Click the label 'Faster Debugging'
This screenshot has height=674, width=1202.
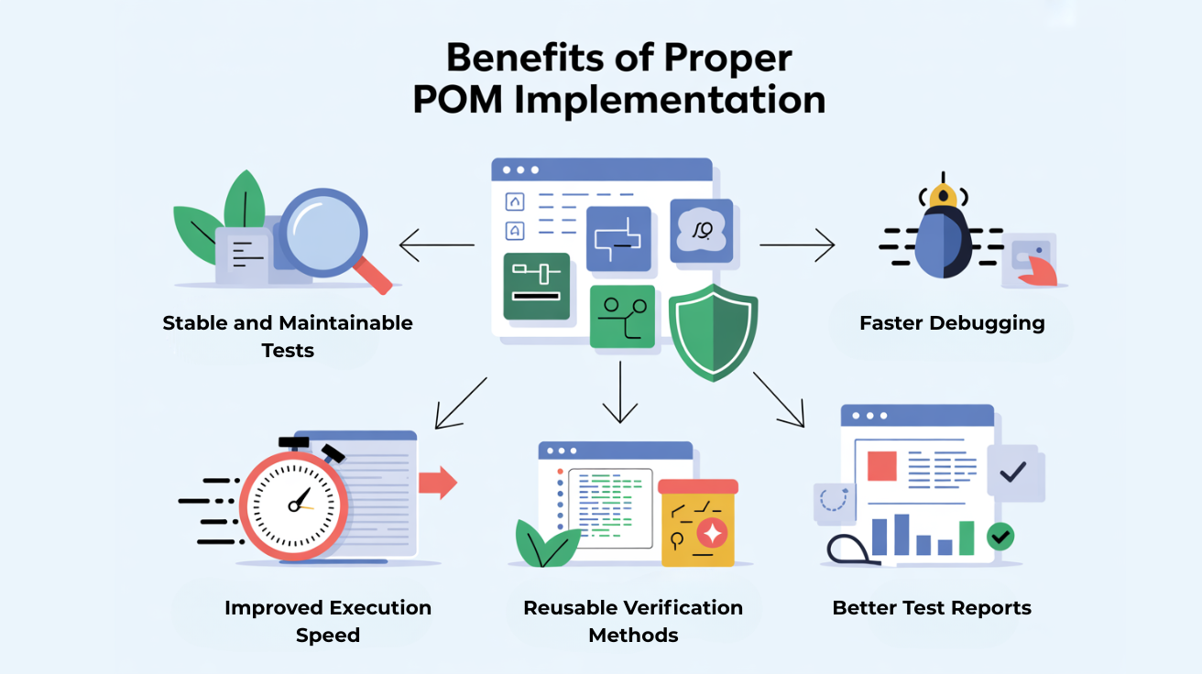pyautogui.click(x=952, y=323)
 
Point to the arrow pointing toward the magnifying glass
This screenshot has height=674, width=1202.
pyautogui.click(x=436, y=245)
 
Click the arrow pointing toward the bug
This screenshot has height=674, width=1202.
pyautogui.click(x=797, y=245)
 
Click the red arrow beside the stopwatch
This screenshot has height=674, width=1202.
pyautogui.click(x=438, y=483)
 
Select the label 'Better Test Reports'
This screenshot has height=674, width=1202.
pyautogui.click(x=932, y=608)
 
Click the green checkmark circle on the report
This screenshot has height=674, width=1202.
pyautogui.click(x=1000, y=536)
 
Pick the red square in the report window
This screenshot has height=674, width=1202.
pyautogui.click(x=881, y=465)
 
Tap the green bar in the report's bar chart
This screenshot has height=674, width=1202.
pyautogui.click(x=967, y=538)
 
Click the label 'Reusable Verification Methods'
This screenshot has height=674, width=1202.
pyautogui.click(x=633, y=621)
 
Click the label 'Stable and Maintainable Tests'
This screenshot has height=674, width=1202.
pyautogui.click(x=288, y=336)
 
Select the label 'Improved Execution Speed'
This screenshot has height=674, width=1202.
pyautogui.click(x=328, y=621)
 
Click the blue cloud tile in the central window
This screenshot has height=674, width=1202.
pyautogui.click(x=702, y=231)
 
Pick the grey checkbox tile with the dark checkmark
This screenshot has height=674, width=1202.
pyautogui.click(x=1014, y=473)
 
